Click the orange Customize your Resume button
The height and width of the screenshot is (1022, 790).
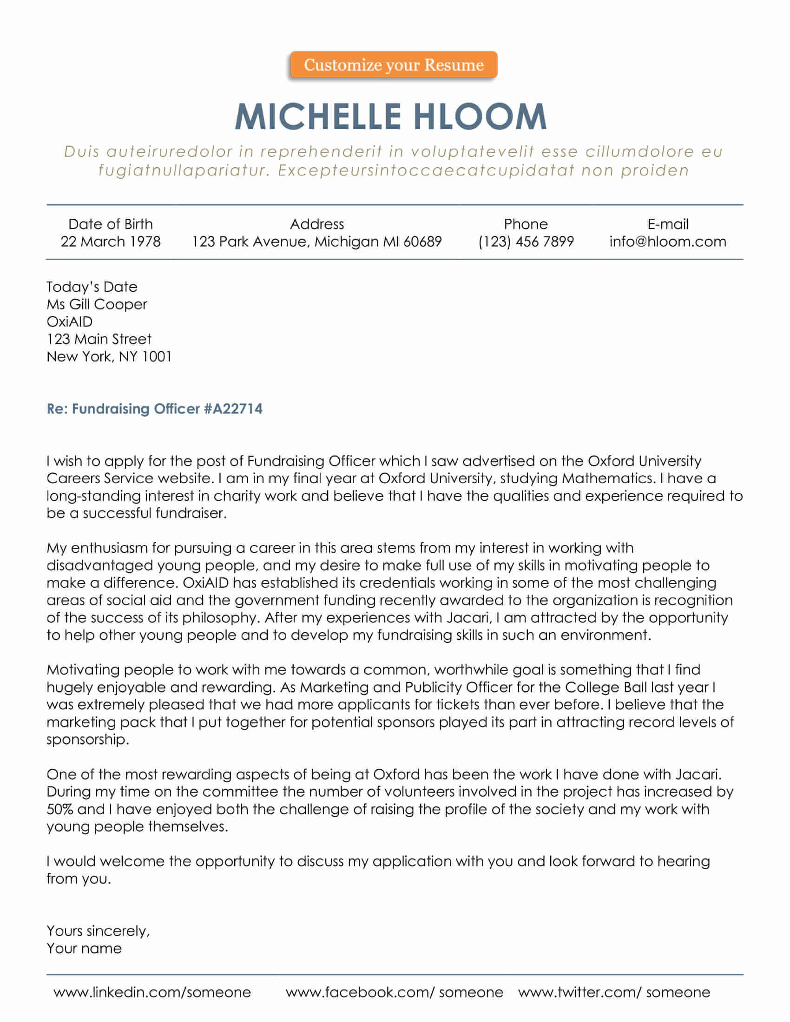[394, 65]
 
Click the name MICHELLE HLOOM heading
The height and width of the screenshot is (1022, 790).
[391, 117]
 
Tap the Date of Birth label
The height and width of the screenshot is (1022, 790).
[111, 224]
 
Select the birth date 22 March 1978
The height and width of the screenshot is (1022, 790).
[111, 242]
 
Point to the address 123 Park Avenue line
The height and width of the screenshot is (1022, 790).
[317, 242]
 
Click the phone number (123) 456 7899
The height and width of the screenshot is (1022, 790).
[526, 242]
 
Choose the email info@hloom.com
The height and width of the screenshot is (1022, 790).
[668, 242]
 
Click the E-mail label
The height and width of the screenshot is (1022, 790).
[668, 224]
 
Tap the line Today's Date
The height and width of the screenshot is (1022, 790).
[92, 287]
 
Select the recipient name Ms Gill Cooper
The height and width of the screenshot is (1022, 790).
[97, 304]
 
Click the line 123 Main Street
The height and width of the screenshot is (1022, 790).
[99, 339]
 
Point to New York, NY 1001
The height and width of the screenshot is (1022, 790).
[109, 357]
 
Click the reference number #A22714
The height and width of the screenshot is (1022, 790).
[233, 409]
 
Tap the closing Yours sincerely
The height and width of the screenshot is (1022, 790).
[98, 931]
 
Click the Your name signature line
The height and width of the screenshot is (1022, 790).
[84, 949]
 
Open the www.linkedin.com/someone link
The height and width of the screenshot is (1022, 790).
[152, 993]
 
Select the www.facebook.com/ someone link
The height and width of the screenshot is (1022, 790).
[394, 993]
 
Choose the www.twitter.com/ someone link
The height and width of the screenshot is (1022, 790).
[614, 993]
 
